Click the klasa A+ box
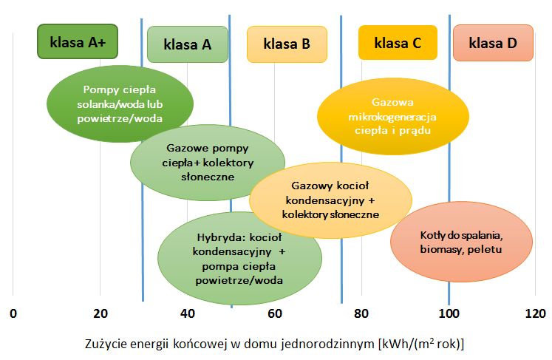[78, 42]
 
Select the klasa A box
[188, 44]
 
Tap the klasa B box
[287, 44]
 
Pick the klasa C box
[398, 42]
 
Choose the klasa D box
[493, 42]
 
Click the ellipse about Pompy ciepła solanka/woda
[120, 103]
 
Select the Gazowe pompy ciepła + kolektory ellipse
[208, 162]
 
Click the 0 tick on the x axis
[13, 313]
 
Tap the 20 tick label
[100, 313]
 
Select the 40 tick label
[188, 313]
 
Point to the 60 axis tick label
[275, 313]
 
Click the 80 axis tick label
[361, 313]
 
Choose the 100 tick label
[449, 313]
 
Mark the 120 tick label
[535, 313]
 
